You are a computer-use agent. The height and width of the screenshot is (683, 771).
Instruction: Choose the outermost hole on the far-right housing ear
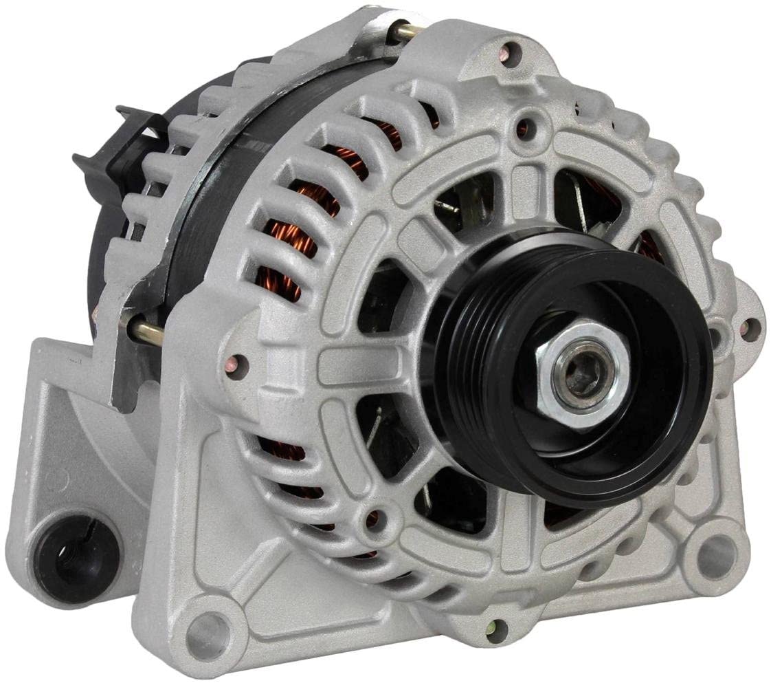pos(750,329)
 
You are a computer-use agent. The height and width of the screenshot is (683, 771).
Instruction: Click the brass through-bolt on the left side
pos(146,332)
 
